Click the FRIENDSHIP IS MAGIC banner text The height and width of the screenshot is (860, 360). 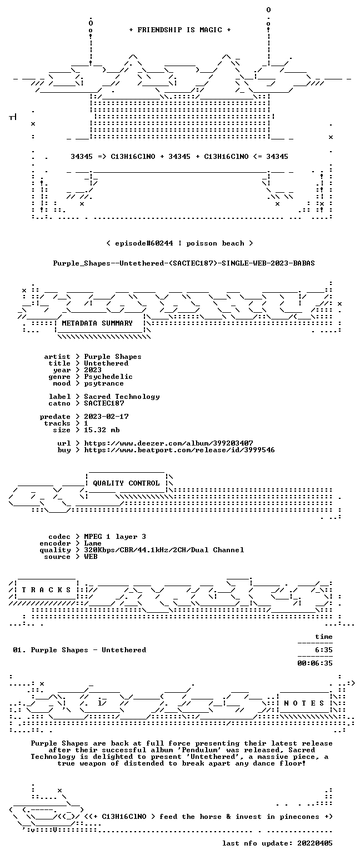click(180, 30)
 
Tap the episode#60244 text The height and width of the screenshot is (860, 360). click(144, 243)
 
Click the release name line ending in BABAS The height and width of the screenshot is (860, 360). click(184, 263)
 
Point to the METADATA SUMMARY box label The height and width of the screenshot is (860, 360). click(97, 323)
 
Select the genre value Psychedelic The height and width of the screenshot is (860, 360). click(108, 377)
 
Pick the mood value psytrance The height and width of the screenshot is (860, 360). click(104, 383)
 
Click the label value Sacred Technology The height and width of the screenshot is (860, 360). click(122, 397)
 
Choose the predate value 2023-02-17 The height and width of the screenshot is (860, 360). click(106, 417)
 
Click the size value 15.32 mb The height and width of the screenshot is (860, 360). click(102, 430)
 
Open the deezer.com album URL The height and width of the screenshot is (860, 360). click(168, 443)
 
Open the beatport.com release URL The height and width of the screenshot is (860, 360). click(179, 450)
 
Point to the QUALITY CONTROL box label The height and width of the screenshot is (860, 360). click(126, 483)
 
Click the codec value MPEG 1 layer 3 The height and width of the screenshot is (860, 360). click(115, 537)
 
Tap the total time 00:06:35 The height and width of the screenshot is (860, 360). click(315, 663)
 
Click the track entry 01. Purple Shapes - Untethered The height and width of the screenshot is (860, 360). click(79, 650)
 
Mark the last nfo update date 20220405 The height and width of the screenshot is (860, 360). click(315, 843)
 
